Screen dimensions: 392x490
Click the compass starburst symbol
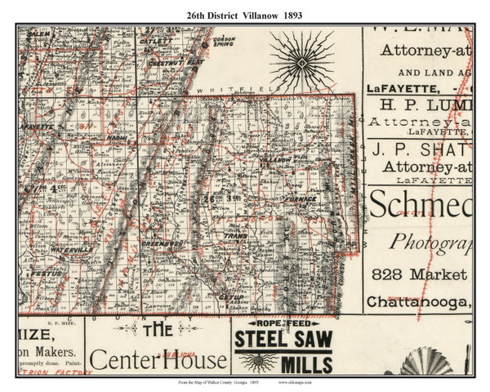pos(301,63)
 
